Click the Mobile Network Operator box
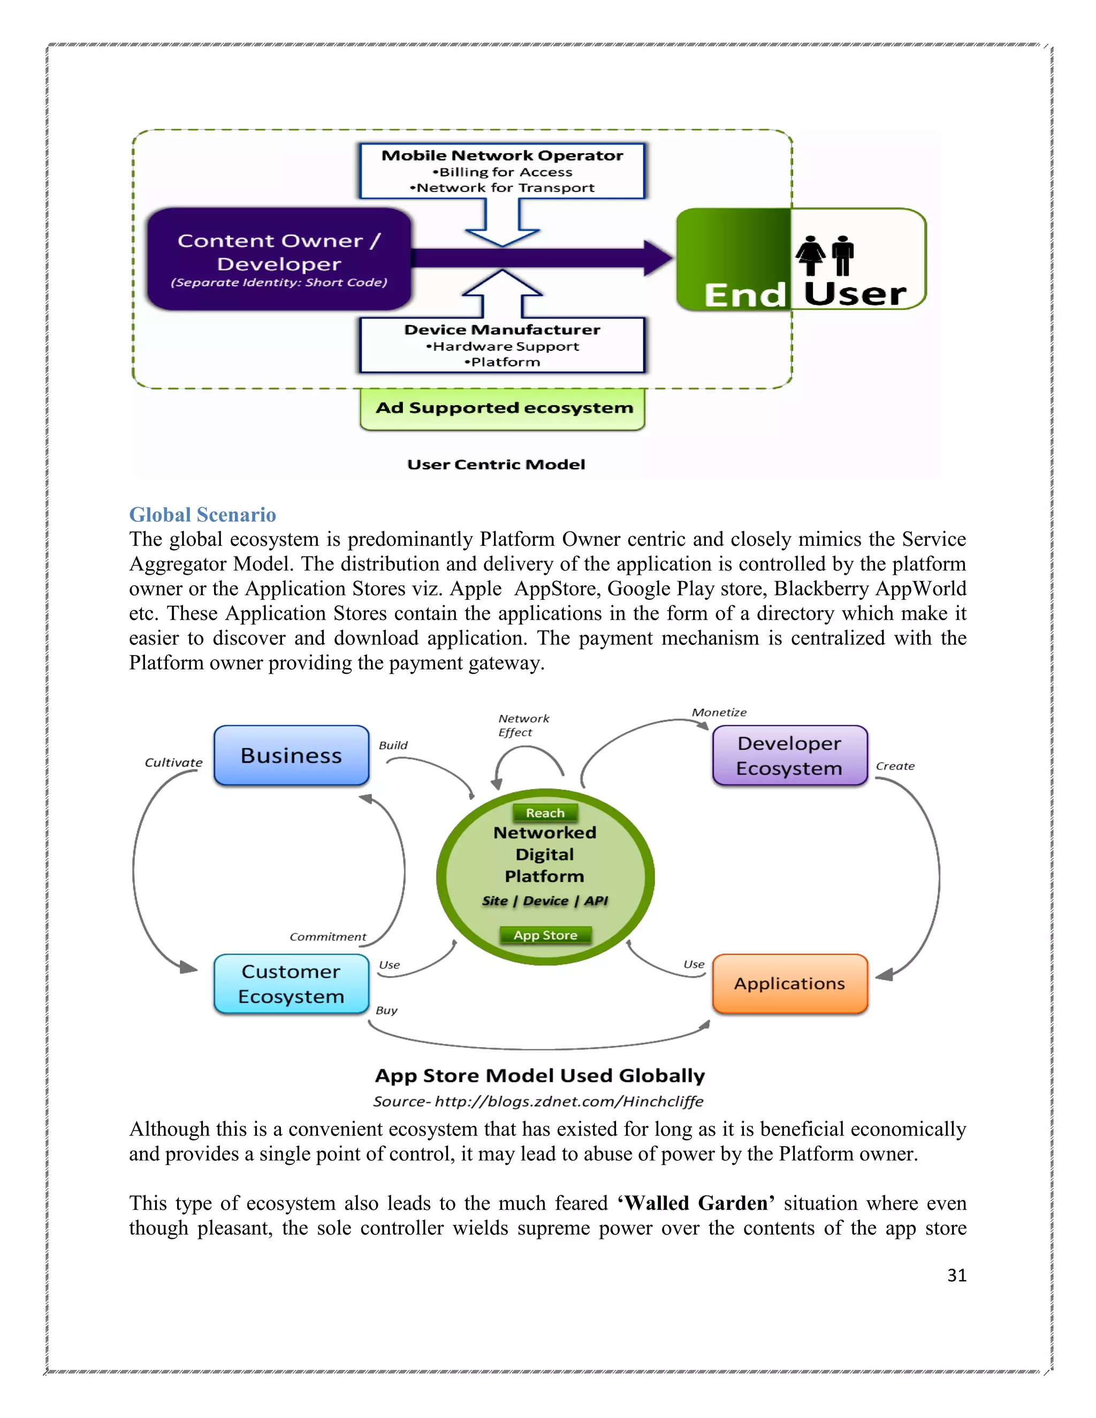pyautogui.click(x=502, y=171)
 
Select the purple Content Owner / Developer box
pyautogui.click(x=279, y=259)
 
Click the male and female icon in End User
pyautogui.click(x=825, y=255)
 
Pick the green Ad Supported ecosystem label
pyautogui.click(x=503, y=408)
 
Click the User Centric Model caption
pyautogui.click(x=496, y=465)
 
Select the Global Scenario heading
pyautogui.click(x=203, y=515)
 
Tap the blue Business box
pyautogui.click(x=292, y=756)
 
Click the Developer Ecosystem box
pyautogui.click(x=789, y=756)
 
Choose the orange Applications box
pyautogui.click(x=789, y=984)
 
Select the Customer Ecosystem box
pyautogui.click(x=292, y=984)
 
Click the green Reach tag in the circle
pyautogui.click(x=545, y=813)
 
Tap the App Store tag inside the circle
pyautogui.click(x=545, y=935)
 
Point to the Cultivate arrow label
pyautogui.click(x=173, y=763)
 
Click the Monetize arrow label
pyautogui.click(x=719, y=713)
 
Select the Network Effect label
pyautogui.click(x=523, y=725)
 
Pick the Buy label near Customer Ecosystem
pyautogui.click(x=386, y=1010)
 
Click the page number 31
pyautogui.click(x=956, y=1275)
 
